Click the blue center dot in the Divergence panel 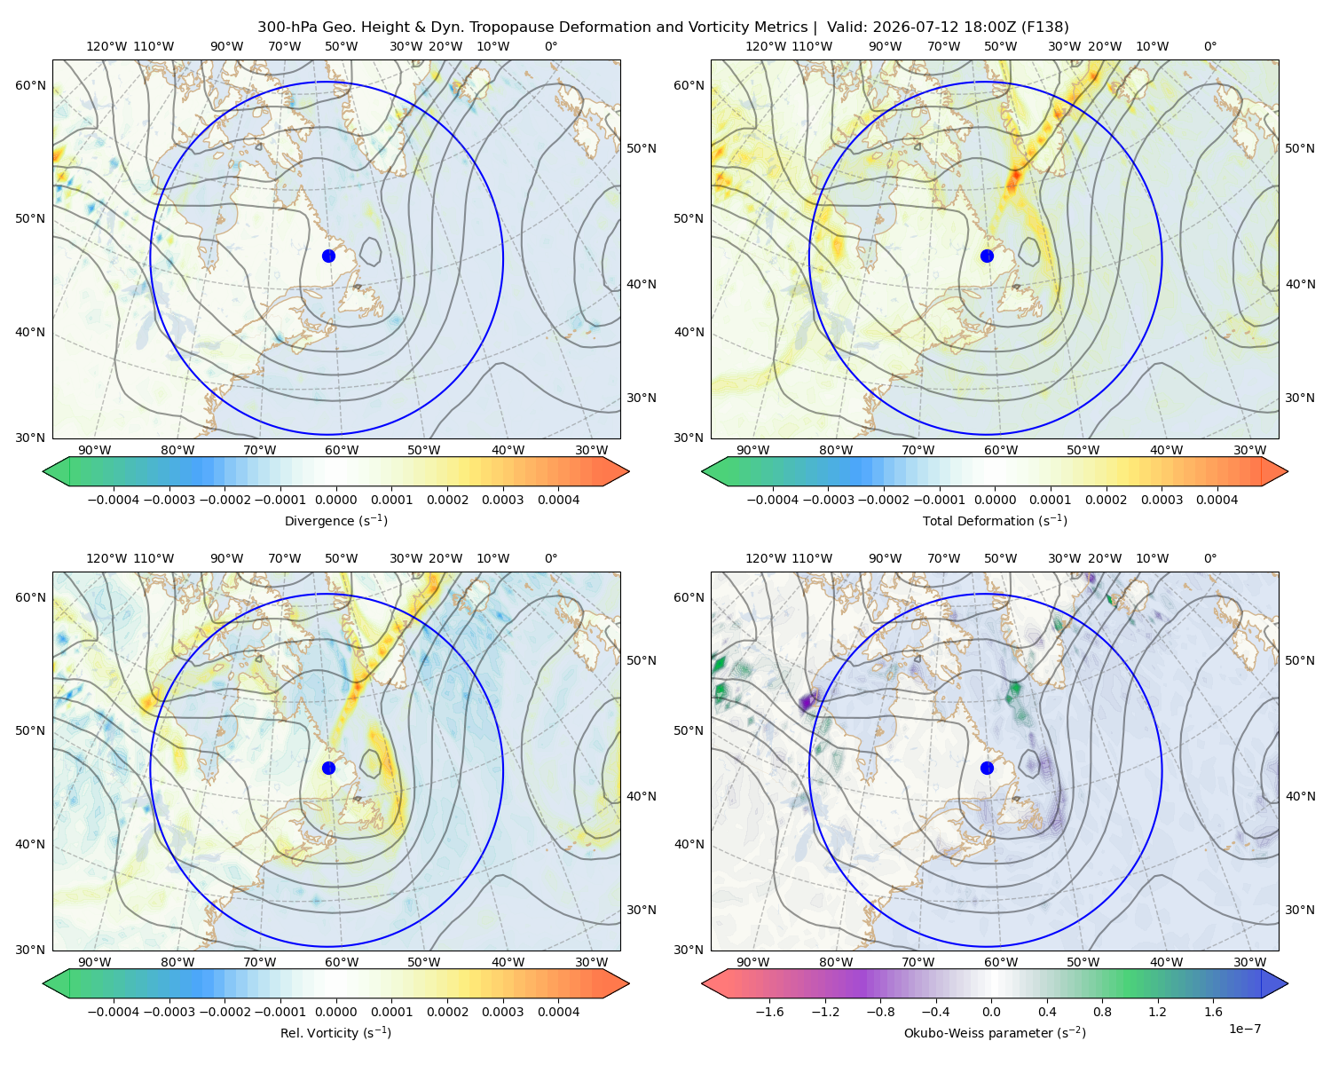(x=328, y=256)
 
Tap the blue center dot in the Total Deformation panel (x=987, y=256)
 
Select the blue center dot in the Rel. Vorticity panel (x=328, y=768)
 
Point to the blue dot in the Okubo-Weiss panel (x=987, y=768)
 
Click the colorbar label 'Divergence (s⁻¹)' (x=335, y=520)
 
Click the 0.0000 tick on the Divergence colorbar (x=335, y=500)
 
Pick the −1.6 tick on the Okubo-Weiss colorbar (x=769, y=1011)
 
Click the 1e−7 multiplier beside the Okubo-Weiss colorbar (x=1244, y=1029)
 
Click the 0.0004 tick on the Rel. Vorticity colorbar (x=558, y=1011)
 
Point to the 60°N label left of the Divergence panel (x=30, y=85)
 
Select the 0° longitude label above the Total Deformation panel (x=1209, y=46)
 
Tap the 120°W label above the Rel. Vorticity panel (x=106, y=557)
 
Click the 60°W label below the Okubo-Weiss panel (x=1001, y=962)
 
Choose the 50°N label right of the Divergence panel (x=642, y=148)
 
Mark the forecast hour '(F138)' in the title (x=1045, y=27)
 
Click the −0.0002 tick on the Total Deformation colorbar (x=884, y=500)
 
